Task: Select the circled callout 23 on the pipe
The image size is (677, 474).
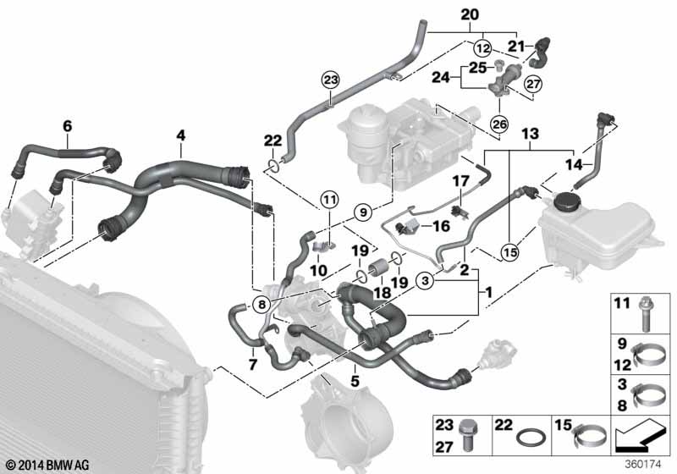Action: (x=329, y=80)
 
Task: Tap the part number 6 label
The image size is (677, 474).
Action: (x=67, y=127)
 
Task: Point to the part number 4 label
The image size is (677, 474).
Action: (x=180, y=133)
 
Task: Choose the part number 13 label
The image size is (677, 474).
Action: (x=529, y=134)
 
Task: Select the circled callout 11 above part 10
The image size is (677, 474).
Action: (x=328, y=201)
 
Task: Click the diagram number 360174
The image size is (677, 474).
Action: (x=642, y=463)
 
